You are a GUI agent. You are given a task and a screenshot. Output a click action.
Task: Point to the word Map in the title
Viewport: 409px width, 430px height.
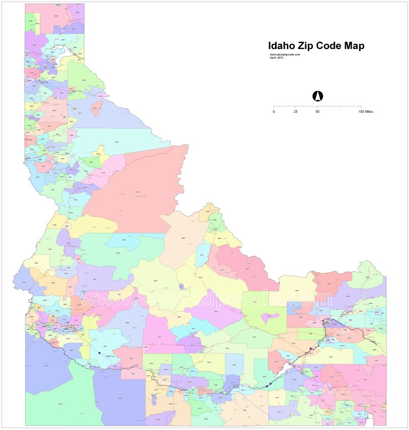click(x=356, y=46)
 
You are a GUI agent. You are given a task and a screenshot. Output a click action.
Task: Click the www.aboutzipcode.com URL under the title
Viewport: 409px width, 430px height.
click(x=285, y=54)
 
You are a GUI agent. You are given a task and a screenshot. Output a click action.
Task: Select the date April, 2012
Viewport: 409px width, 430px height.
click(x=277, y=57)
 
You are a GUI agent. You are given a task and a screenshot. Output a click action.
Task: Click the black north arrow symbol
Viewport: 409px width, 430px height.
click(x=317, y=96)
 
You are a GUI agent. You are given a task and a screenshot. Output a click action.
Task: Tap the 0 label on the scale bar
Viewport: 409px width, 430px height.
click(x=274, y=111)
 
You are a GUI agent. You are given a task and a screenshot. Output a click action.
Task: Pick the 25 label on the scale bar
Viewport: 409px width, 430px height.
click(x=296, y=111)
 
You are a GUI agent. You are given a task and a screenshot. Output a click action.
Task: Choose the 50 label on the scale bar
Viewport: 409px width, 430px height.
click(x=317, y=111)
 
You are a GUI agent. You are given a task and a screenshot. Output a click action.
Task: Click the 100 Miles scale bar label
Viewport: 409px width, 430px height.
click(x=366, y=111)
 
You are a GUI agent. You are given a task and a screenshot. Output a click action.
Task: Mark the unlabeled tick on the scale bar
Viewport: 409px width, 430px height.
click(x=339, y=107)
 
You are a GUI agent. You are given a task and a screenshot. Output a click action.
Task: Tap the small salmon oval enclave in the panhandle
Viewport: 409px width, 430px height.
click(x=96, y=108)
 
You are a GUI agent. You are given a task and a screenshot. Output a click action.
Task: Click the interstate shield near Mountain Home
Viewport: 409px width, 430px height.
click(x=99, y=353)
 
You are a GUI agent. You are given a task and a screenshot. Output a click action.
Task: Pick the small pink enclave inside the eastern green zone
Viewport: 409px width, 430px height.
click(x=267, y=317)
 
